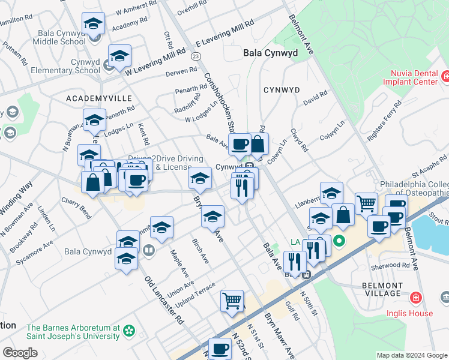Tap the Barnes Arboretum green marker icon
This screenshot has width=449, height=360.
click(128, 330)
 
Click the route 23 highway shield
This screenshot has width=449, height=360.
click(196, 56)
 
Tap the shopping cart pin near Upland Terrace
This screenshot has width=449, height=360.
click(232, 301)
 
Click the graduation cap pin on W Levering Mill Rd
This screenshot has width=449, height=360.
click(119, 56)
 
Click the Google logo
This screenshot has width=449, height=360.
click(20, 353)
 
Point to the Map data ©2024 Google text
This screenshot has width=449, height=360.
click(411, 355)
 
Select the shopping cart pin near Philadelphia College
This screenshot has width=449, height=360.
click(366, 203)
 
